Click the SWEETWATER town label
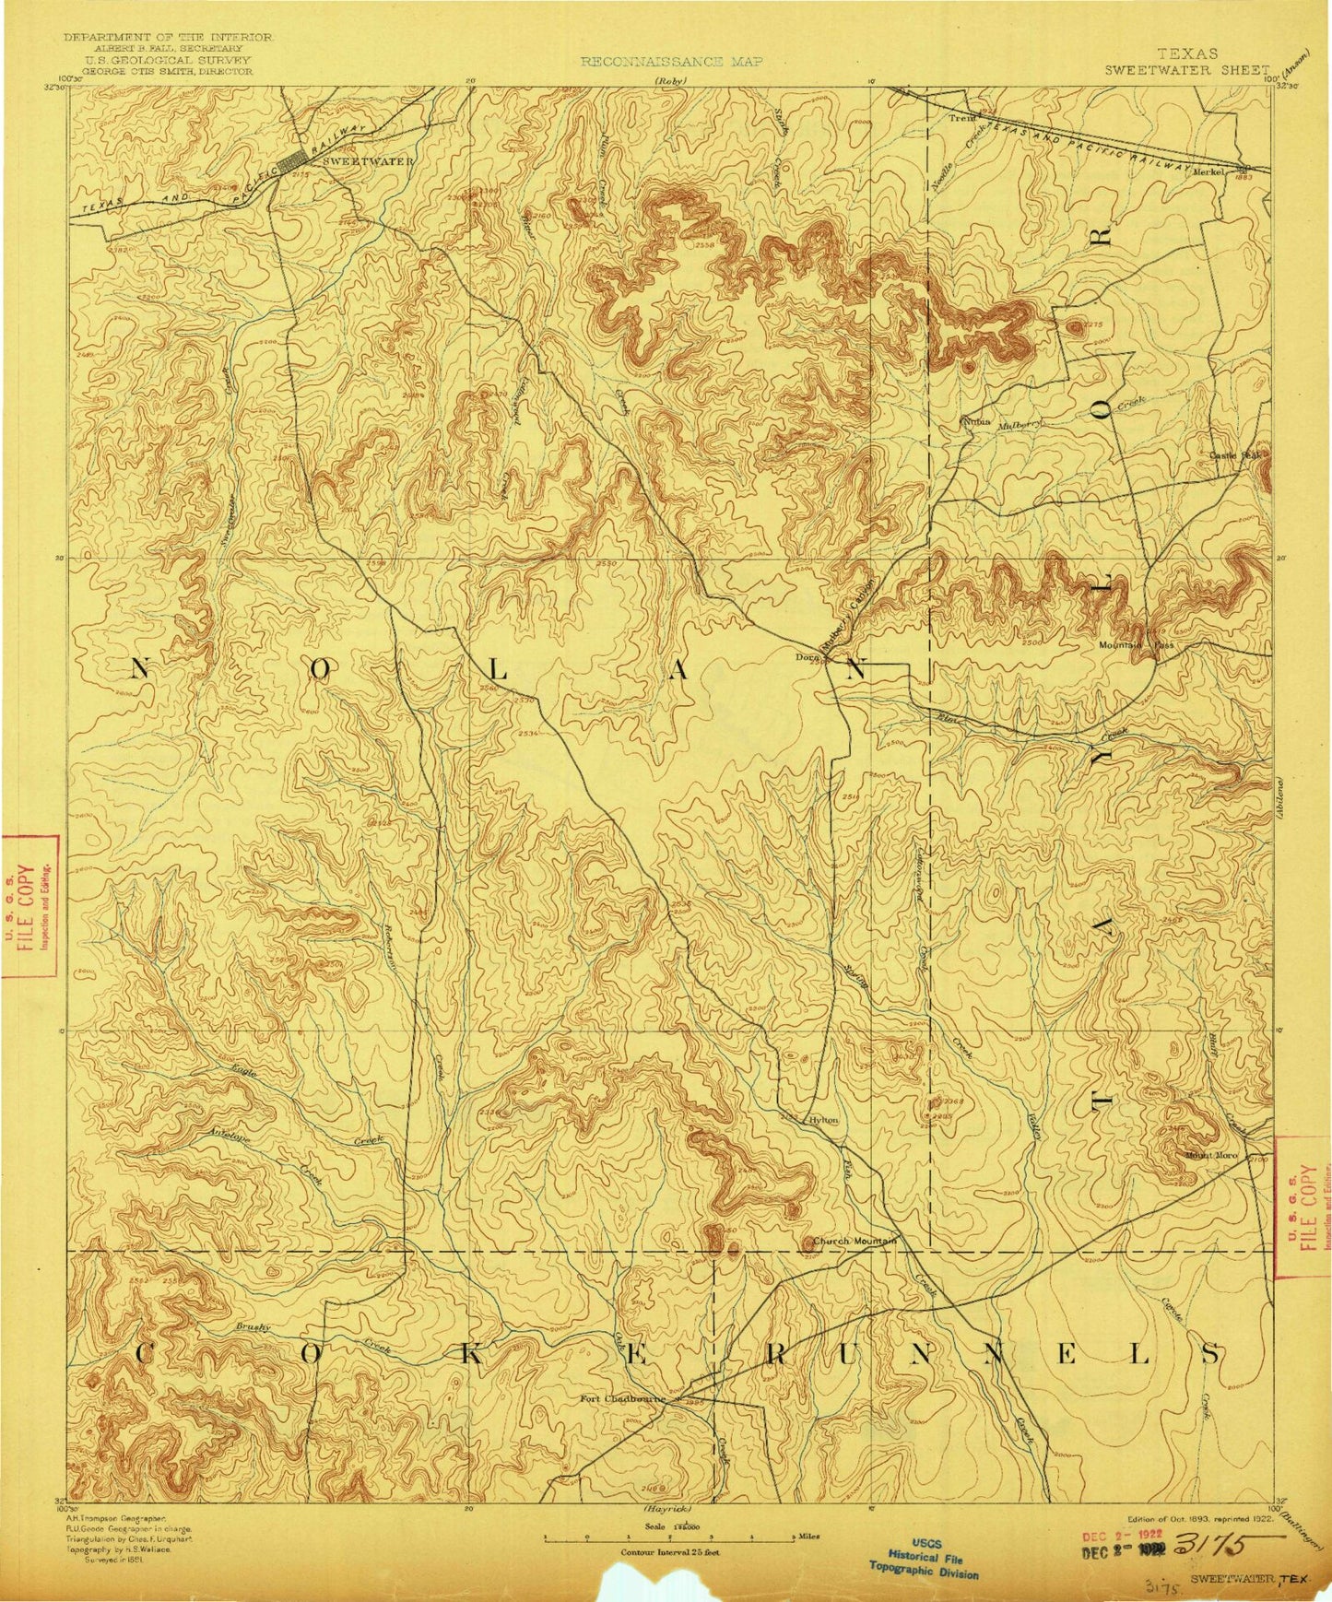click(x=368, y=160)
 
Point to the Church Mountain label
click(x=854, y=1242)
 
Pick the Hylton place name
click(x=823, y=1120)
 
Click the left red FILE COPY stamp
click(x=30, y=904)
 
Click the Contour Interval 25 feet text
click(x=669, y=1552)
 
